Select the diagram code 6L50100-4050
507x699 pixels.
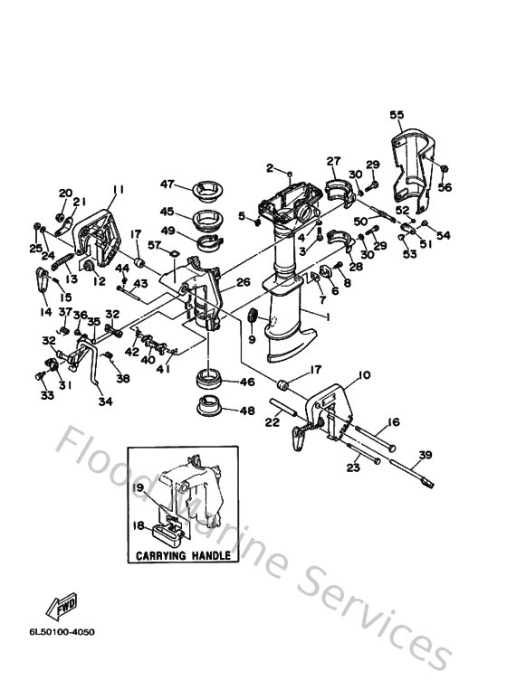click(62, 632)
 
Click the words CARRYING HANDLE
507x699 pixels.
click(184, 555)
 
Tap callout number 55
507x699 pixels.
click(397, 115)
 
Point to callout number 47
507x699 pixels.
click(167, 184)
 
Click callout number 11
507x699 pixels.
click(118, 190)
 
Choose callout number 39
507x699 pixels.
click(426, 455)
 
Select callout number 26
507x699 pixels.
click(244, 282)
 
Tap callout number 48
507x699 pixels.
click(247, 411)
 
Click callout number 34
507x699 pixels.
click(105, 401)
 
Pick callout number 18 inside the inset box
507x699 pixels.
click(139, 526)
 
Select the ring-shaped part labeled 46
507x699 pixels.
click(209, 380)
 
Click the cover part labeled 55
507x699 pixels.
click(413, 172)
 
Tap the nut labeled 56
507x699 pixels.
click(444, 168)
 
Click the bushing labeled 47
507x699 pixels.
click(207, 190)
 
